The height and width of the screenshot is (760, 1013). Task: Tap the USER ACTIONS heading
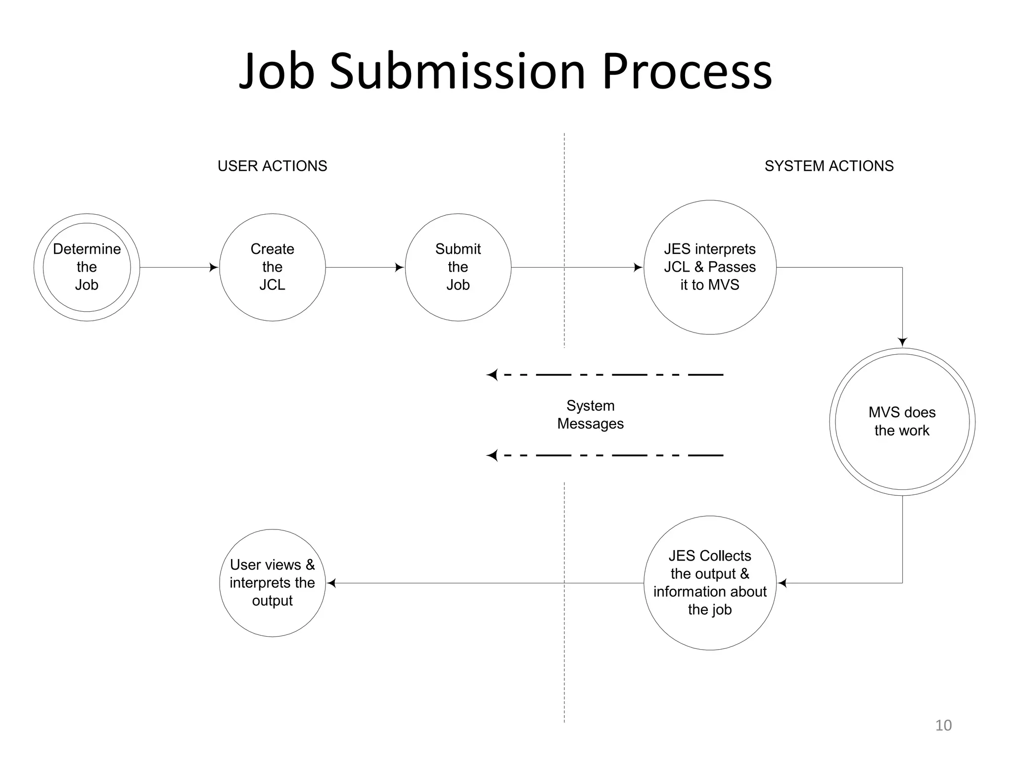[x=272, y=166]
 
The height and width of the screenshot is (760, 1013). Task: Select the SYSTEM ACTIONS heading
[x=829, y=166]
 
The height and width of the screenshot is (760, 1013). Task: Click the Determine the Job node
[x=87, y=267]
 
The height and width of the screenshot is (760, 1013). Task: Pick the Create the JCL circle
[x=272, y=267]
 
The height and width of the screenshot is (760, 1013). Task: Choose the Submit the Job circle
[x=458, y=267]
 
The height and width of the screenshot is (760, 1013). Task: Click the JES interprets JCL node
[x=710, y=267]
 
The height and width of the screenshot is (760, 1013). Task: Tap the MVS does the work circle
[x=902, y=422]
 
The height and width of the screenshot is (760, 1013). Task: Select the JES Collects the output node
[x=710, y=582]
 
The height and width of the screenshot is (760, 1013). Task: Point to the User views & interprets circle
[x=272, y=582]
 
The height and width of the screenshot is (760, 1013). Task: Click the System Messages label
[x=590, y=415]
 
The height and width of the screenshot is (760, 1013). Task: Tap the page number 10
[x=943, y=725]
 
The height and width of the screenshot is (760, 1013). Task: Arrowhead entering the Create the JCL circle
[x=214, y=268]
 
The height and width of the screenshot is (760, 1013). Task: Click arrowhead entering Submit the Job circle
[x=399, y=268]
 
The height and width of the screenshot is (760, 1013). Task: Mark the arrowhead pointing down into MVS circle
[x=902, y=342]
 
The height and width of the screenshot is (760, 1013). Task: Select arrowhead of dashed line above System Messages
[x=492, y=375]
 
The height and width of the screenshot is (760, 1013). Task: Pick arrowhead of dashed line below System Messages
[x=492, y=455]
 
